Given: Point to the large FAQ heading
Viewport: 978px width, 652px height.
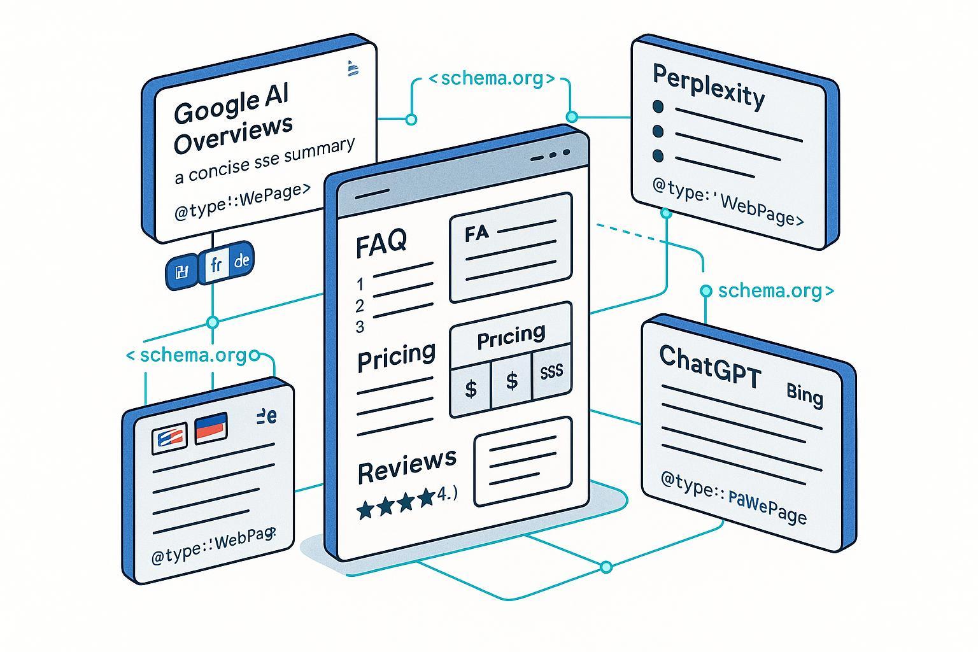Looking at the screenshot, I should click(381, 243).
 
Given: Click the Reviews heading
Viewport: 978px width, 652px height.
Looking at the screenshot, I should click(407, 467).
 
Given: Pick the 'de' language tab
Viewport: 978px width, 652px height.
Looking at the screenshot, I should click(242, 260).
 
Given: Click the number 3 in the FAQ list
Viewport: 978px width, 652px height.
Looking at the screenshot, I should click(360, 327).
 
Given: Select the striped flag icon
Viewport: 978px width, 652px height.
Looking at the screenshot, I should click(169, 438).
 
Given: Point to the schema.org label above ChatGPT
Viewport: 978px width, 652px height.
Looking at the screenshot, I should click(774, 290).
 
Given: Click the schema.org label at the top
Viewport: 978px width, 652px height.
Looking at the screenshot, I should click(491, 79).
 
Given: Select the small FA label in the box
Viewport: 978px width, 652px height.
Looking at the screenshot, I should click(477, 233).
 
